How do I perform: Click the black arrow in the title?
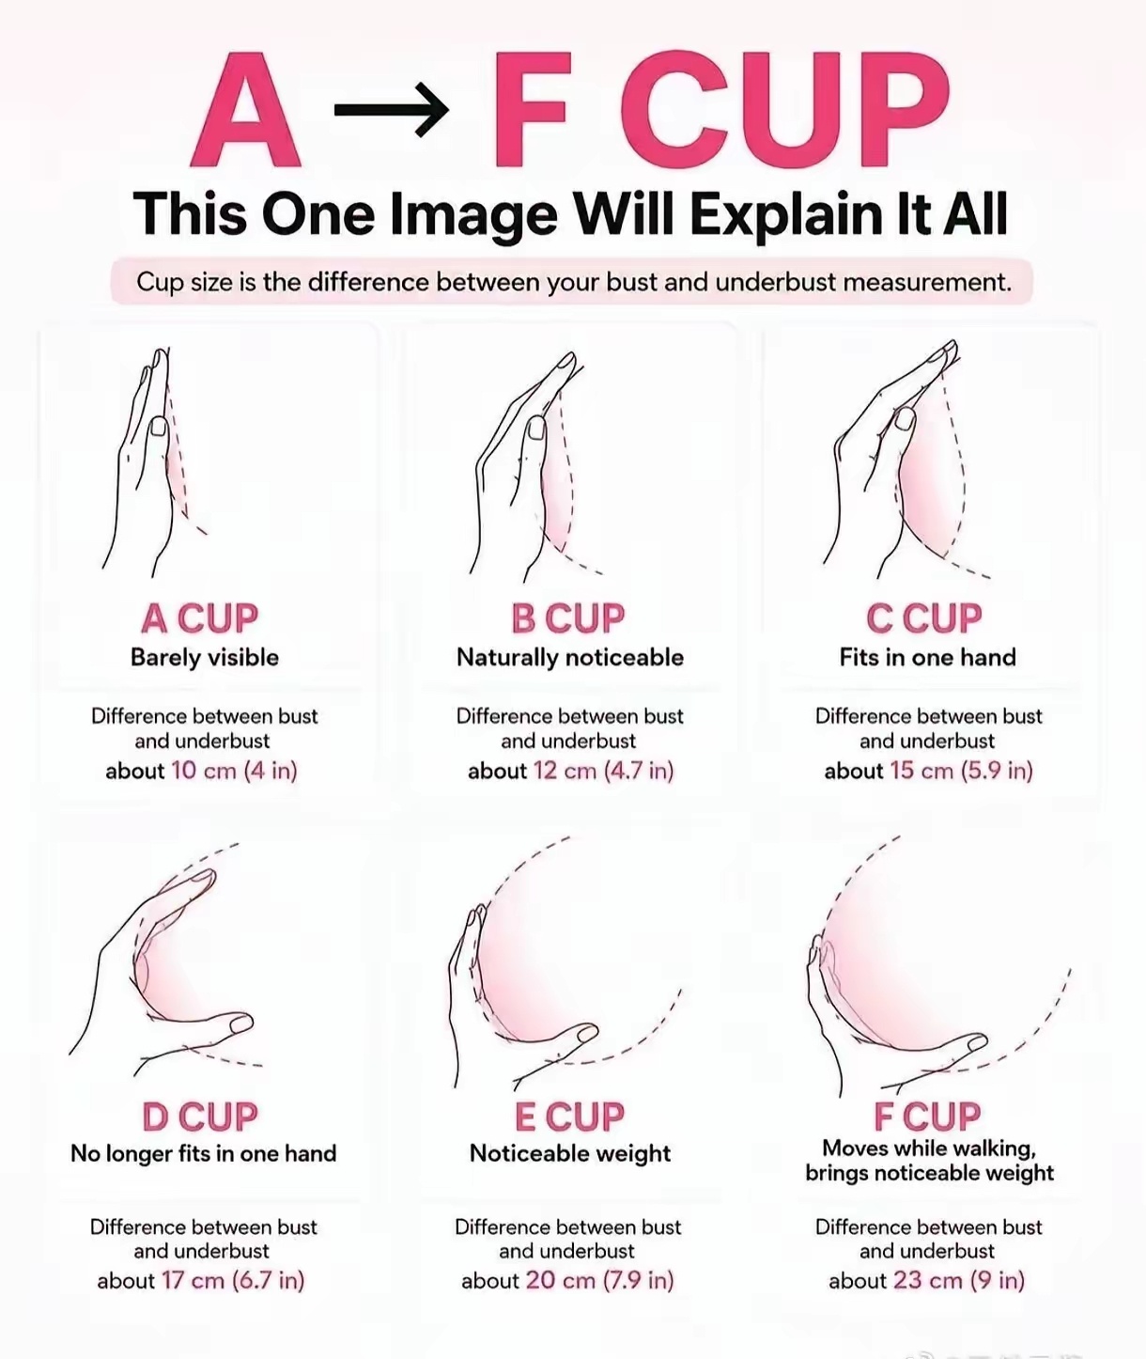[391, 111]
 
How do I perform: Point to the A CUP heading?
[200, 618]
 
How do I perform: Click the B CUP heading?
[567, 618]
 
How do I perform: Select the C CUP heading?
[924, 618]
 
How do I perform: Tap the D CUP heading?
[200, 1117]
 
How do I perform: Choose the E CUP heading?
[569, 1117]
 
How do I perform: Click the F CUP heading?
[927, 1117]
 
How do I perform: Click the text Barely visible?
[204, 657]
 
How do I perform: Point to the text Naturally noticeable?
[570, 657]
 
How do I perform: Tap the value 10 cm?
[204, 771]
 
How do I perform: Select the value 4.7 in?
[639, 771]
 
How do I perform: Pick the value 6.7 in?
[269, 1281]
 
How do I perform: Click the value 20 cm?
[561, 1281]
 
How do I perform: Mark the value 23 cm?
[928, 1281]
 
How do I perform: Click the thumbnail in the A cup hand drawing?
[159, 427]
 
